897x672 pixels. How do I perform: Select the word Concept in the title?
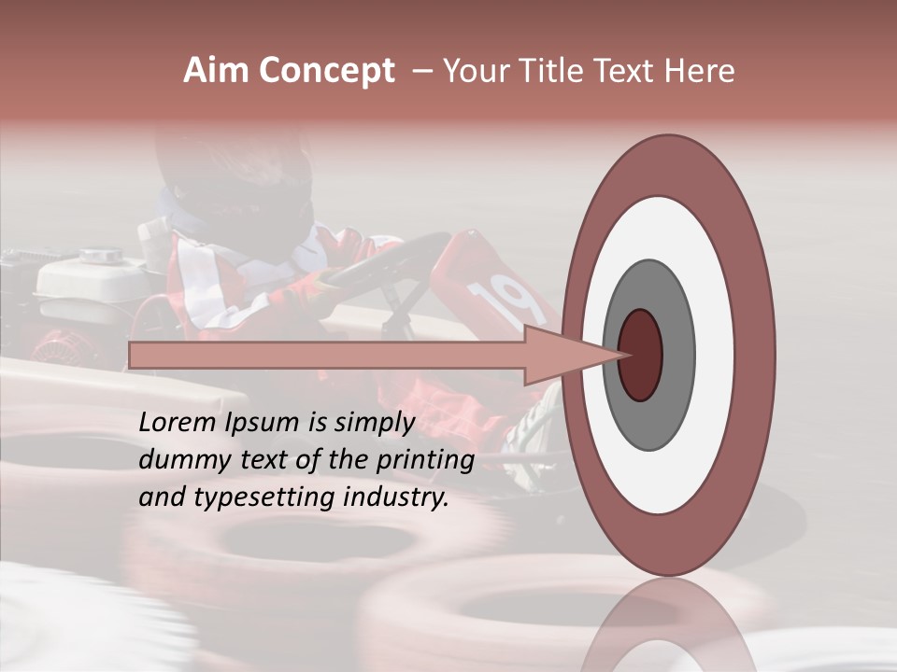[326, 72]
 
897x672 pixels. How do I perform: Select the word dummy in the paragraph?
[178, 460]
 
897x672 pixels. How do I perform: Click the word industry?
[395, 497]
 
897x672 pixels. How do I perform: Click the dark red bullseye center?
[641, 355]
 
